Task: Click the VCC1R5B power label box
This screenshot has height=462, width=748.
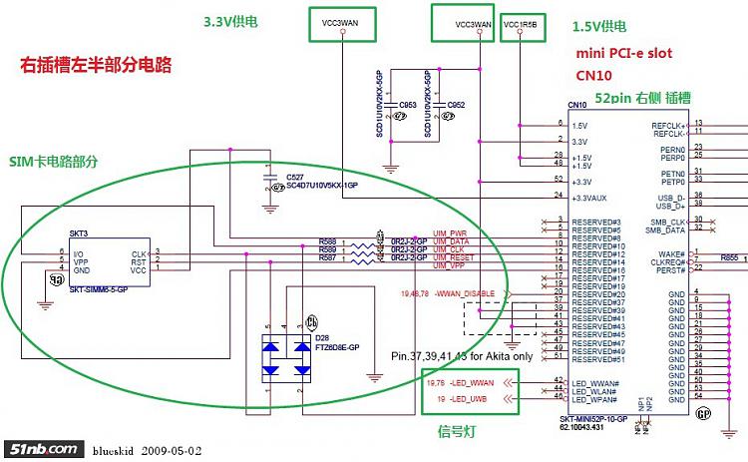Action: (522, 23)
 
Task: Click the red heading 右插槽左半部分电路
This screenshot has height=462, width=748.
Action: (96, 66)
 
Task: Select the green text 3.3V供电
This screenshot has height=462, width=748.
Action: (233, 21)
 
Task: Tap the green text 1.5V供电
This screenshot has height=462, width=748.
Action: (600, 25)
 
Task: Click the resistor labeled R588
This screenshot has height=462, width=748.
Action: (327, 240)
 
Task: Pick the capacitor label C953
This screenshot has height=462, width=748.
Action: (407, 105)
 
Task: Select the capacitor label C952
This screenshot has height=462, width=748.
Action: (456, 105)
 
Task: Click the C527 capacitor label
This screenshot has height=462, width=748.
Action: (294, 177)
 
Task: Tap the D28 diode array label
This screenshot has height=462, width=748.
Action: (294, 338)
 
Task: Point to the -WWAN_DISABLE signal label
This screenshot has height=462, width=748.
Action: (465, 293)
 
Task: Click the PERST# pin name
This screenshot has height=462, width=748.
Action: (671, 269)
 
